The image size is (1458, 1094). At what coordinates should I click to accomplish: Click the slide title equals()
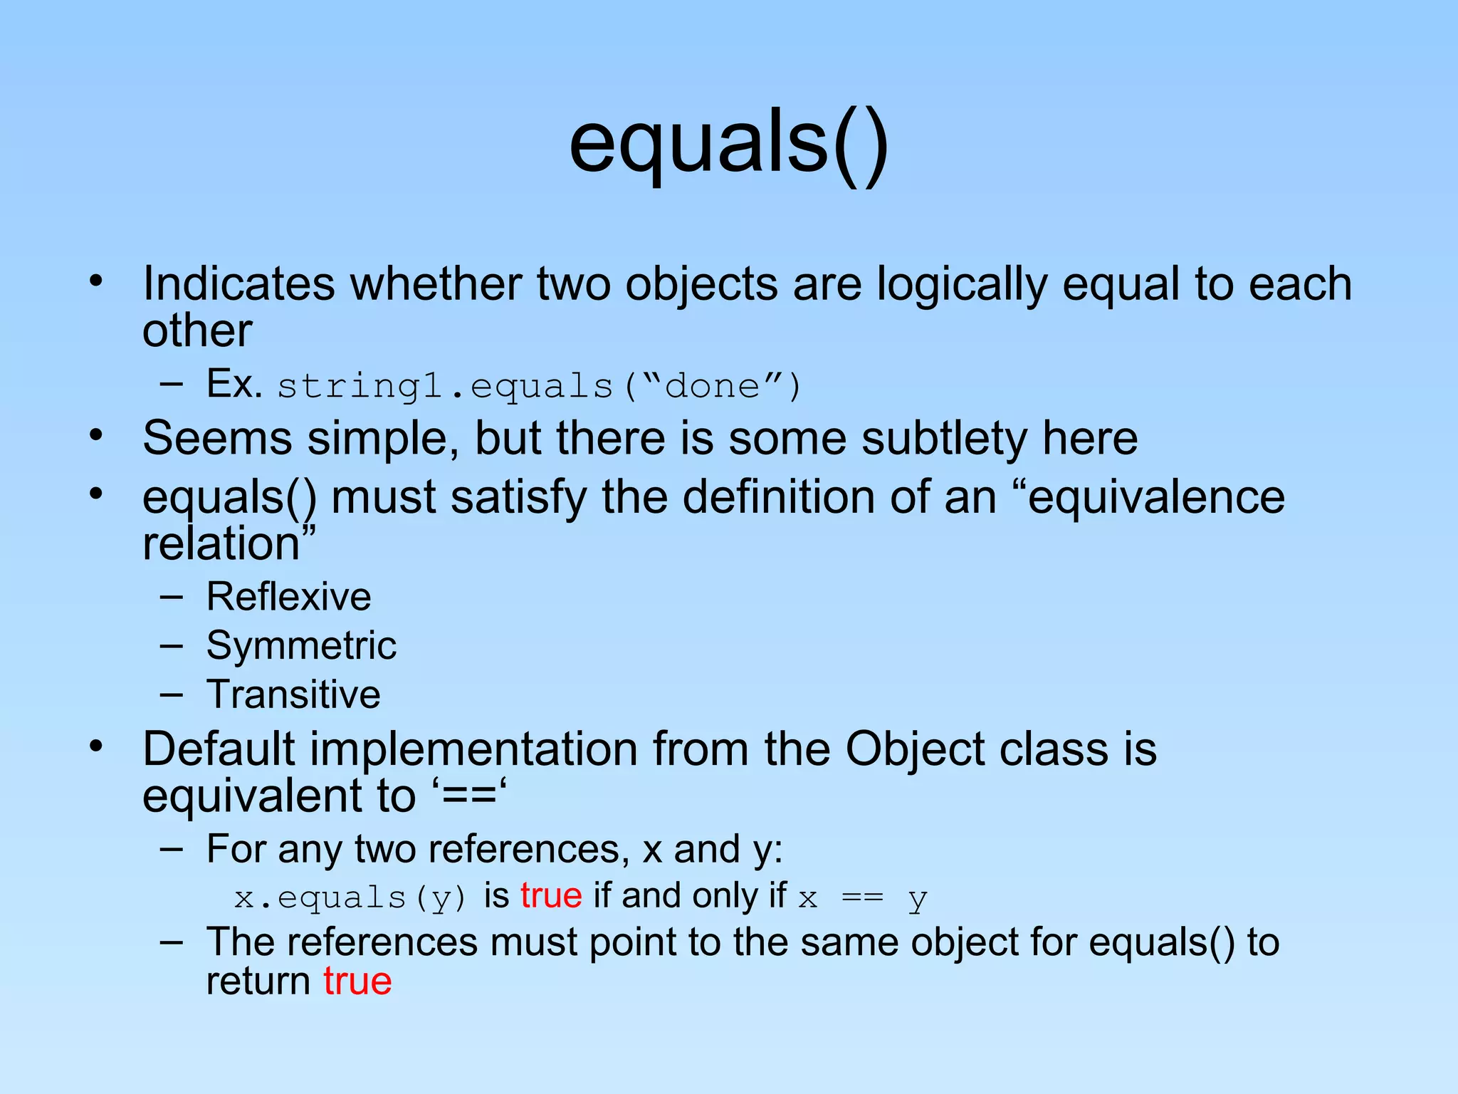tap(728, 146)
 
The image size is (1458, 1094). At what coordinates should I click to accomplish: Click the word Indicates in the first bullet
tap(238, 284)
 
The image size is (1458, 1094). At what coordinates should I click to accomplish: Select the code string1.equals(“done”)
tap(539, 387)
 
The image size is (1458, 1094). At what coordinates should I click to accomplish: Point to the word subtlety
tap(944, 438)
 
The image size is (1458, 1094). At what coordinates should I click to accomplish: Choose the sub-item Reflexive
tap(288, 597)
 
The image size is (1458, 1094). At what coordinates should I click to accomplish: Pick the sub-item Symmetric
tap(301, 646)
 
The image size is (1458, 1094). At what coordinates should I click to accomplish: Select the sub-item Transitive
tap(293, 694)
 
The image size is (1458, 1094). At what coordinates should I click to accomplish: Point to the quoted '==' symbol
tap(469, 796)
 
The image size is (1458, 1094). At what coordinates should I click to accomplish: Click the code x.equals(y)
tap(350, 897)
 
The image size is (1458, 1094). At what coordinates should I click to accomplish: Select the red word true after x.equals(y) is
tap(551, 896)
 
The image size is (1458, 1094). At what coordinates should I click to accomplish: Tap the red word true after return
tap(357, 981)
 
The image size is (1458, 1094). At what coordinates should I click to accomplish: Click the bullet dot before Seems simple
tap(97, 434)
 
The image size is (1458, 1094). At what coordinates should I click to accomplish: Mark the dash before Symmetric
tap(172, 646)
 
